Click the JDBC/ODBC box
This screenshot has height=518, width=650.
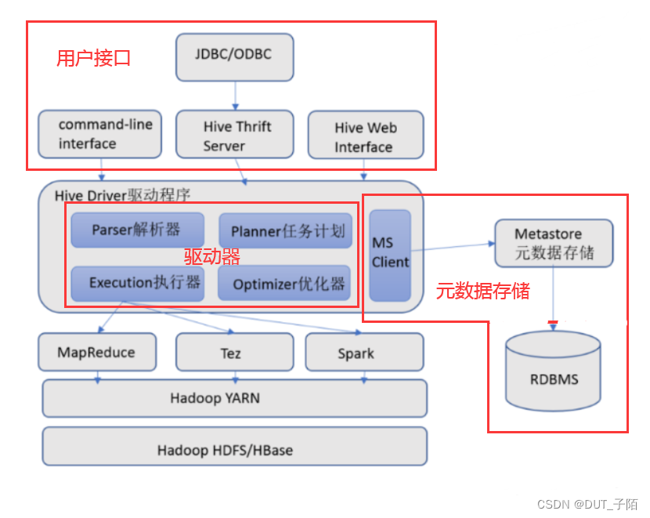(234, 56)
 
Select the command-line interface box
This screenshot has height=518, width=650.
(99, 134)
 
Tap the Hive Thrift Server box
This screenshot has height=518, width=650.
(235, 136)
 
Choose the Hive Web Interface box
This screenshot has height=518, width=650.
(365, 137)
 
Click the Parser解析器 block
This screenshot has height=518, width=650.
(137, 230)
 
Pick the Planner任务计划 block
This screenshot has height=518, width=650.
(284, 232)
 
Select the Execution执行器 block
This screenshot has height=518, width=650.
(137, 284)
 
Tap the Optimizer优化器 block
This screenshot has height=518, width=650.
(284, 284)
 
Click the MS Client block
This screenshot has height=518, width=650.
(390, 255)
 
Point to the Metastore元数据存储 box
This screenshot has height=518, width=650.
(553, 243)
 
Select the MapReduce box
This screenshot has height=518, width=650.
(96, 352)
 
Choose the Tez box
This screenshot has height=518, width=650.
(231, 353)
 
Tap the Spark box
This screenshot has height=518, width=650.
(356, 353)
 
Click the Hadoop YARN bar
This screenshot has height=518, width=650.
(234, 398)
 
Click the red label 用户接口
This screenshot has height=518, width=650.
(93, 58)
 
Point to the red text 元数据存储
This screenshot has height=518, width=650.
(482, 292)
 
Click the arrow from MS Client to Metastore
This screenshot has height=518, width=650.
(453, 247)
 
